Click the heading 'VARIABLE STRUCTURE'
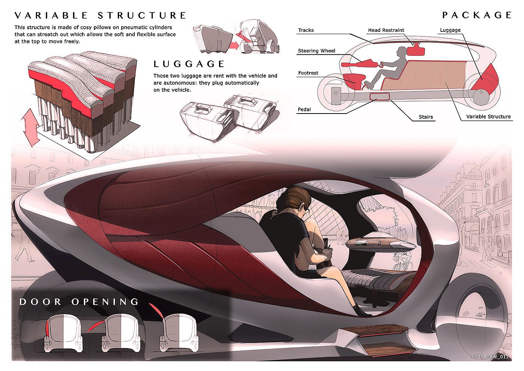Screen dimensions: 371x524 pyautogui.click(x=100, y=15)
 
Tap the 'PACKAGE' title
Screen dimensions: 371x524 pyautogui.click(x=477, y=15)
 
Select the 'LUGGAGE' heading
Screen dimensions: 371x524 pyautogui.click(x=189, y=64)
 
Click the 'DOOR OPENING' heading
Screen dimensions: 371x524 pyautogui.click(x=79, y=302)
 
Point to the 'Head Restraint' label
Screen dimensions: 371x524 pyautogui.click(x=386, y=30)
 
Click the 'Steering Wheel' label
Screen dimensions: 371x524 pyautogui.click(x=316, y=51)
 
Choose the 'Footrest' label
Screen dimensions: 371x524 pyautogui.click(x=308, y=73)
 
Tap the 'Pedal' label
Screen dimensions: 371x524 pyautogui.click(x=304, y=109)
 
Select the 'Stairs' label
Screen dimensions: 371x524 pyautogui.click(x=426, y=117)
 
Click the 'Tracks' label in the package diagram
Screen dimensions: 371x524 pyautogui.click(x=306, y=30)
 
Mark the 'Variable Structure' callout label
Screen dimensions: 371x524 pyautogui.click(x=488, y=117)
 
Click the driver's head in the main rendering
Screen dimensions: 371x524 pyautogui.click(x=298, y=199)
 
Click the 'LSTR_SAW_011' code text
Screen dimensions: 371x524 pyautogui.click(x=490, y=356)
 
